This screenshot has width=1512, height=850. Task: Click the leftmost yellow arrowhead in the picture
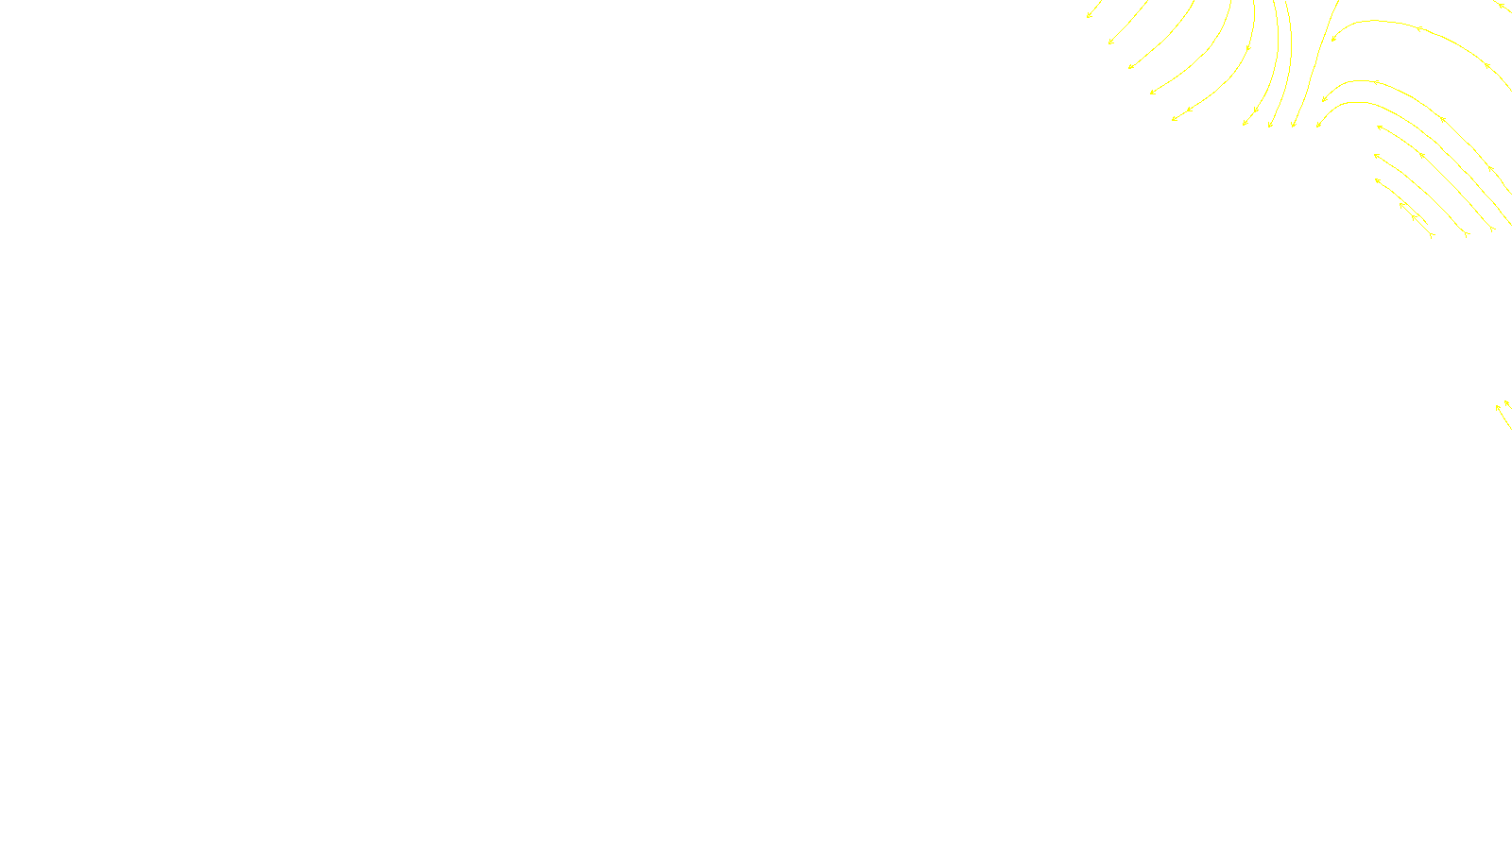pyautogui.click(x=1089, y=15)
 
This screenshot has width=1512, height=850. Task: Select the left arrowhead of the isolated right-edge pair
pyautogui.click(x=1498, y=407)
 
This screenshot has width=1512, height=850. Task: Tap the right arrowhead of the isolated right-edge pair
pyautogui.click(x=1506, y=403)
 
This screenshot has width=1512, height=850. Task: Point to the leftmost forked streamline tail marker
pyautogui.click(x=1433, y=235)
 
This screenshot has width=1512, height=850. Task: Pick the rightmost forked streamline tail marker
pyautogui.click(x=1492, y=229)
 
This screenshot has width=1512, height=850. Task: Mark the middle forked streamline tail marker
pyautogui.click(x=1466, y=233)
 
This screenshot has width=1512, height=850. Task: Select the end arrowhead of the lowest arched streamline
pyautogui.click(x=1318, y=125)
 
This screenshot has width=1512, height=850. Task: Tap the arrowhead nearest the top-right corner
pyautogui.click(x=1500, y=5)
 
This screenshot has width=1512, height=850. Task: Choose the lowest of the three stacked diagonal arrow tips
pyautogui.click(x=1378, y=179)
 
